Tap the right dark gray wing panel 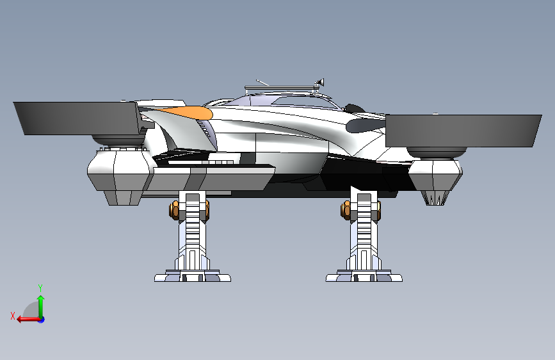click(x=463, y=131)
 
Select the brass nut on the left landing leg click(x=175, y=210)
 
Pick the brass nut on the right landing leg click(x=346, y=210)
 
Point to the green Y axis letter click(x=40, y=288)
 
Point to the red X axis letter click(x=13, y=316)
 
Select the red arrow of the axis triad click(x=28, y=320)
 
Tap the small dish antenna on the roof click(x=320, y=83)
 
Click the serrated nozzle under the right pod click(x=435, y=198)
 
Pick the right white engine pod click(x=435, y=174)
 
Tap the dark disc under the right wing click(x=437, y=152)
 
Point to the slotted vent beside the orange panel click(x=204, y=129)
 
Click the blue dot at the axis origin click(x=42, y=320)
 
